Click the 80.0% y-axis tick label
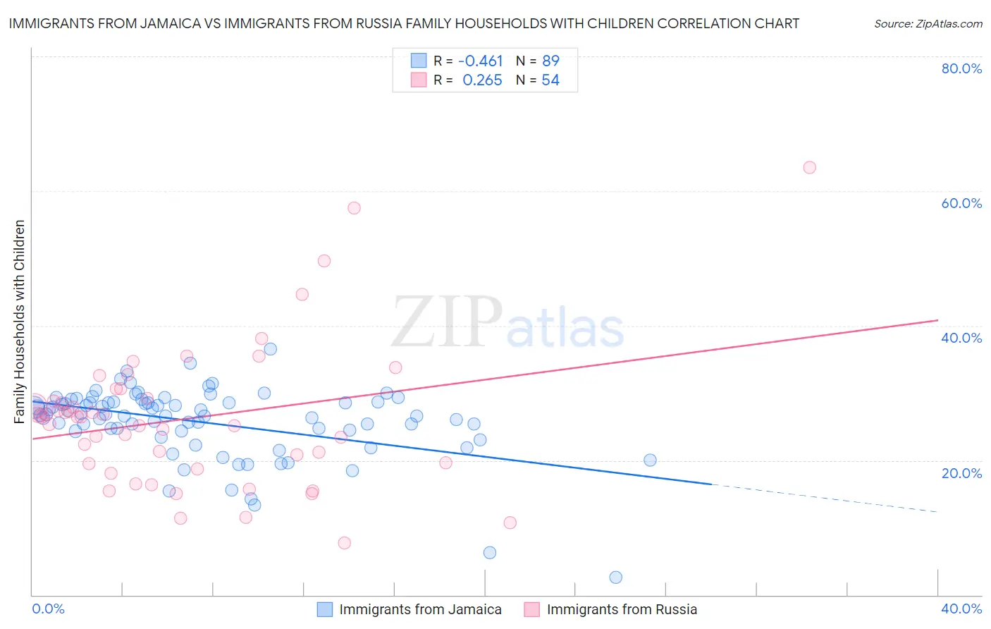[961, 68]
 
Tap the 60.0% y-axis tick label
[961, 203]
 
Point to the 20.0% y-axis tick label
[961, 472]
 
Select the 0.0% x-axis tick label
[49, 609]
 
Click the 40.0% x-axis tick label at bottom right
[961, 609]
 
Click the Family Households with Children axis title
[20, 322]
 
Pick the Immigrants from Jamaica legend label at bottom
[420, 609]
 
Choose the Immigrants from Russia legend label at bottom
[622, 609]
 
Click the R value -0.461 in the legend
[481, 61]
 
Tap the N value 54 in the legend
[550, 80]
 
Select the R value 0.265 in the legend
[482, 80]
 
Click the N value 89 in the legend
[550, 61]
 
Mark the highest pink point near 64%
[809, 167]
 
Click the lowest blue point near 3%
[615, 577]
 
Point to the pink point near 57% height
[354, 208]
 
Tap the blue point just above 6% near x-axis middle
[489, 552]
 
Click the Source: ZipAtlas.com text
[928, 24]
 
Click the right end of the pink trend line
[937, 320]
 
